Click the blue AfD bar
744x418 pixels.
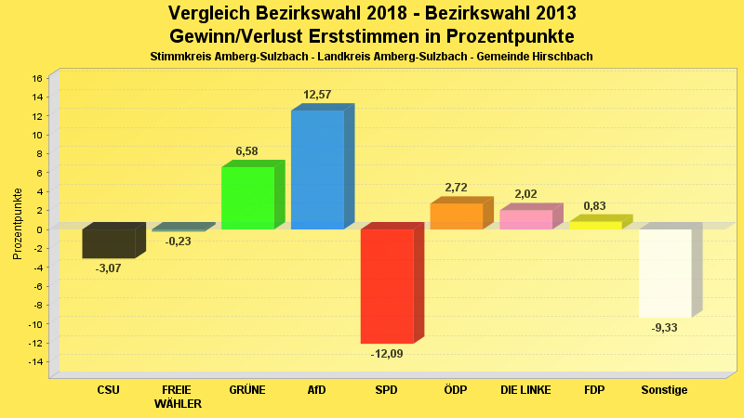tap(317, 170)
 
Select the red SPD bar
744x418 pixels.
tap(387, 286)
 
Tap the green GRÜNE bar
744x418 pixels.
tap(247, 198)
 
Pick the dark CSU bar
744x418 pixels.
tap(108, 243)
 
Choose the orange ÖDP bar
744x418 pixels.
tap(456, 216)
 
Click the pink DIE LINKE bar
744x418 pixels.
tap(525, 219)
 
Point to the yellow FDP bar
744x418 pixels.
tap(595, 225)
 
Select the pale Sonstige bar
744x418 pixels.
tap(665, 273)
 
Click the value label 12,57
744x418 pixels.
tap(317, 95)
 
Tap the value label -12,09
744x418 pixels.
tap(387, 353)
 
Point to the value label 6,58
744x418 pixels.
tap(247, 151)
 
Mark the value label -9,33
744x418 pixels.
tap(665, 328)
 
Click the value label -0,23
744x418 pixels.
tap(178, 242)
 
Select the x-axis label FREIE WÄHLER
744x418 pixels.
tap(178, 397)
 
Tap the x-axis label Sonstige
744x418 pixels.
tap(665, 390)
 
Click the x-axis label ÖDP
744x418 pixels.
tap(456, 390)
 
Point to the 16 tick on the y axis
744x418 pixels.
tap(37, 78)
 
